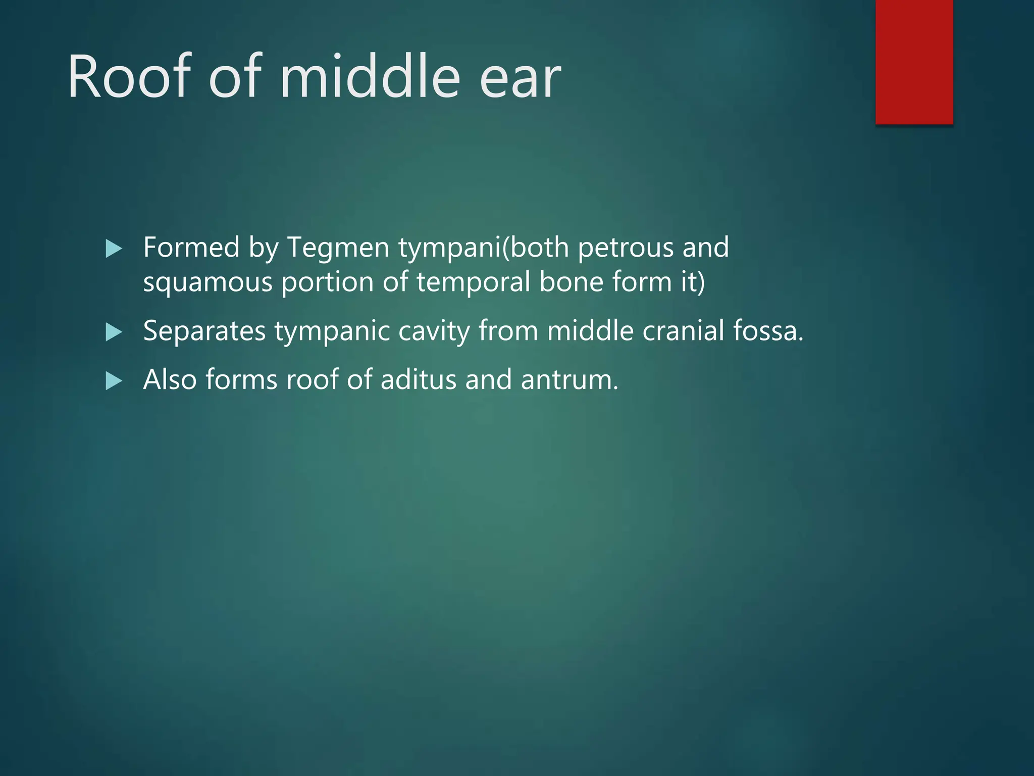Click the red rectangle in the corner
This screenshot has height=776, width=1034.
pos(914,62)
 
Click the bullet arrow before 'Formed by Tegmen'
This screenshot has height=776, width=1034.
pos(114,249)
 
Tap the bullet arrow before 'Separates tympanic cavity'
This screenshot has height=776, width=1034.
pos(114,332)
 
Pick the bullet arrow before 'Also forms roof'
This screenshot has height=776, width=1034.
pos(114,381)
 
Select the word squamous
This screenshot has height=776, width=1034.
pos(208,283)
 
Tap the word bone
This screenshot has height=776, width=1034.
pos(571,282)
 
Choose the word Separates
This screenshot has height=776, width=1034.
pos(204,331)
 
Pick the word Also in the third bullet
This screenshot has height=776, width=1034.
pos(170,379)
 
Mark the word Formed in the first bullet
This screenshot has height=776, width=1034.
pos(191,248)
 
